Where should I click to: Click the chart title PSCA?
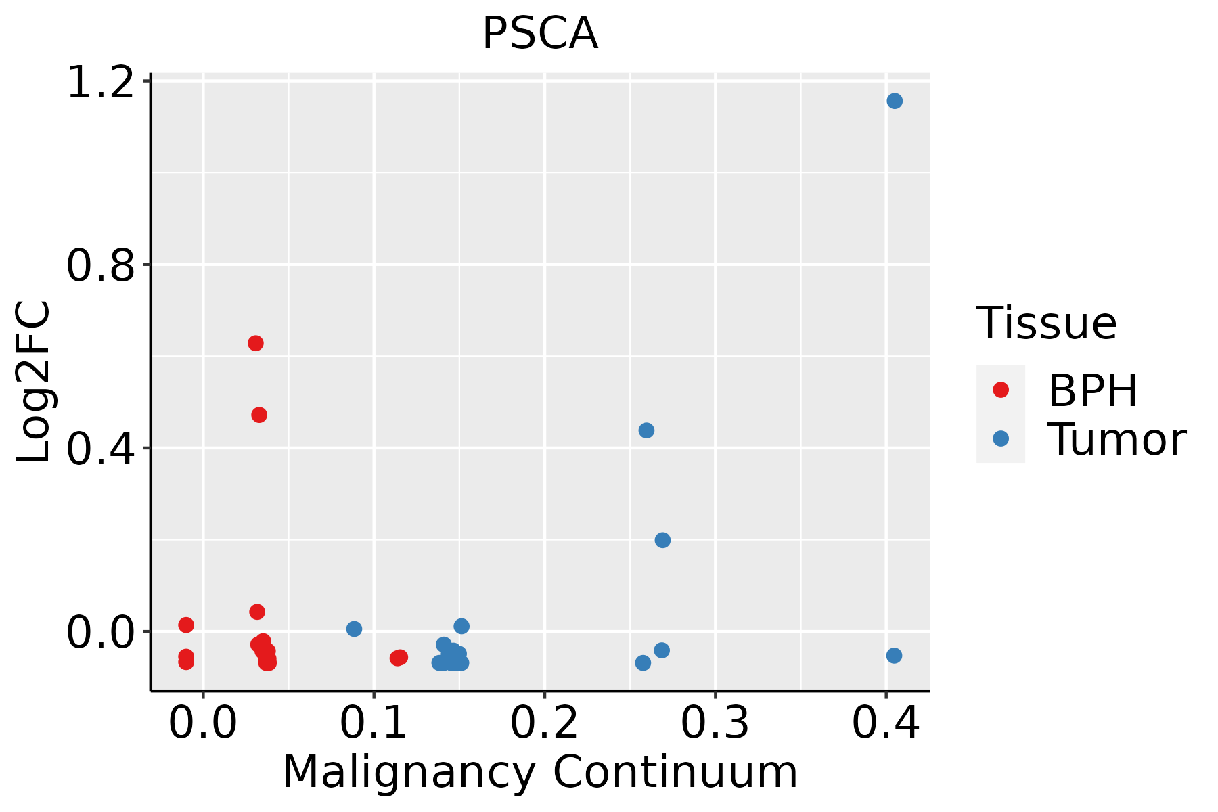click(x=540, y=34)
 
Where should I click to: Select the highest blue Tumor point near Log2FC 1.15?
click(x=895, y=101)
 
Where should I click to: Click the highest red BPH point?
click(x=255, y=343)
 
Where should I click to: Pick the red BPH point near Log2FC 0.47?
click(x=259, y=415)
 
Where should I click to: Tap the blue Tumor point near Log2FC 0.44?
click(x=646, y=430)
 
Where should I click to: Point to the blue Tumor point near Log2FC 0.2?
click(x=662, y=540)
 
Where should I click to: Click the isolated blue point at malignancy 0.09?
click(x=354, y=629)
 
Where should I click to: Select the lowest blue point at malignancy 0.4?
click(x=894, y=656)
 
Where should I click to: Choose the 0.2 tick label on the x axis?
click(x=544, y=723)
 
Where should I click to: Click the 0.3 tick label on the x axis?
click(x=715, y=723)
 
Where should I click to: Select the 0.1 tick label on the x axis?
click(x=374, y=723)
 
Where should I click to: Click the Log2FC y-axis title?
click(x=34, y=382)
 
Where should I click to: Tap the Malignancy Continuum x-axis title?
click(x=540, y=772)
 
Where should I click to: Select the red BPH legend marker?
click(x=1001, y=390)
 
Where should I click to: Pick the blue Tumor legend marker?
click(x=1001, y=438)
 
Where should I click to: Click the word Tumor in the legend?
click(x=1116, y=440)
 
